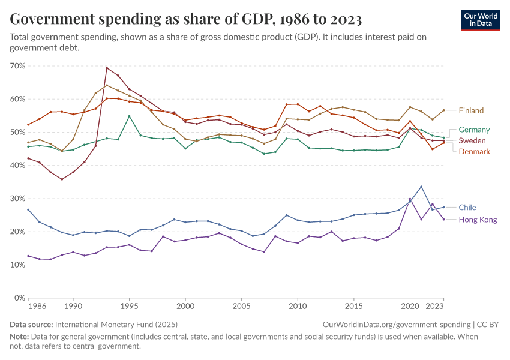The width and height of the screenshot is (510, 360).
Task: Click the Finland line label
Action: (471, 110)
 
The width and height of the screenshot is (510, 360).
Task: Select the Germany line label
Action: (474, 130)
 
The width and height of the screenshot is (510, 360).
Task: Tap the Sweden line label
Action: (472, 140)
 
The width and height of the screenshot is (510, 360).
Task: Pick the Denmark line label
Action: (474, 152)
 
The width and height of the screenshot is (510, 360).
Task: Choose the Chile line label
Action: (467, 208)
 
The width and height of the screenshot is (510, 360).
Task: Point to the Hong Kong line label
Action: (478, 220)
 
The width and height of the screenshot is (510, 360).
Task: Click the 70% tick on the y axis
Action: (17, 65)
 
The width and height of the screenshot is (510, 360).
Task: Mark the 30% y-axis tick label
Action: (17, 199)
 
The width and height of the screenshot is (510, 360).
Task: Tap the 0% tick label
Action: (20, 298)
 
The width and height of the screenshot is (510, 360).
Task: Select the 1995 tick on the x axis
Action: (129, 306)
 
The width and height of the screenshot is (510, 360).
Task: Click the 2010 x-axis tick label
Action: (298, 306)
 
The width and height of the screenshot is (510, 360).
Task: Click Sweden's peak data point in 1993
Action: (107, 68)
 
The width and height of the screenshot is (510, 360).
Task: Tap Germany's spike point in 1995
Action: (129, 116)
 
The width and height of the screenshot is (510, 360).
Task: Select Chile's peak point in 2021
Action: (421, 187)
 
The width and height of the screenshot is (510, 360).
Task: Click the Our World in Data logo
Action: (481, 20)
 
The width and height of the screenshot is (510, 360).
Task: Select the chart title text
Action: (186, 20)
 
